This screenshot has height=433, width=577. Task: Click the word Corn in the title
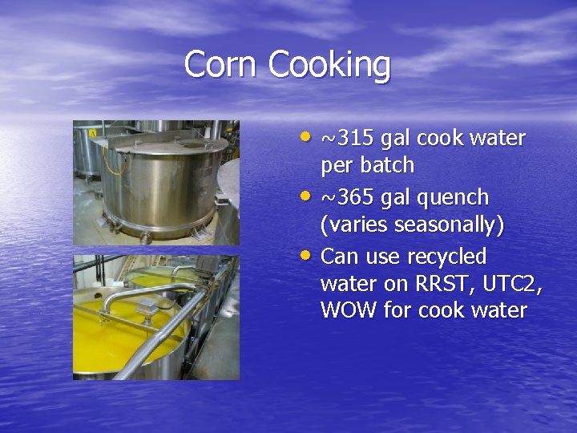(222, 64)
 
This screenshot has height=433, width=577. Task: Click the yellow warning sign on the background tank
(94, 132)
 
